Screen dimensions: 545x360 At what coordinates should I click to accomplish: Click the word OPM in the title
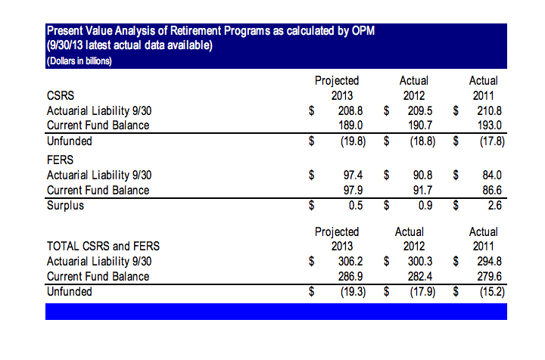363,31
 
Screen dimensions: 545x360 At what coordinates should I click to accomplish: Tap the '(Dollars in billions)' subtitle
79,61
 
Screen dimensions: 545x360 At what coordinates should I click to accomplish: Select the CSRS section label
61,96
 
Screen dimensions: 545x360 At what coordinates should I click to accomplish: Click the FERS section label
60,160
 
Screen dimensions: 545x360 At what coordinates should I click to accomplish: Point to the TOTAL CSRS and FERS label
103,246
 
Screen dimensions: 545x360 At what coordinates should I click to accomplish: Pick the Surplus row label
65,206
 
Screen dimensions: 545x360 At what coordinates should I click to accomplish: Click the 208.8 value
350,111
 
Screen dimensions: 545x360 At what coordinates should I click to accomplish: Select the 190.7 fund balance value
420,126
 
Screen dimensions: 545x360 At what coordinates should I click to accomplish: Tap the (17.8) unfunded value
492,141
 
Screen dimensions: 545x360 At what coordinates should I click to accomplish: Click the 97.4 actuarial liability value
353,175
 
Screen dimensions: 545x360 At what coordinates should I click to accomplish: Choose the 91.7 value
422,191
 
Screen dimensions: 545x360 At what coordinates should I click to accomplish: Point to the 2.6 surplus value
494,206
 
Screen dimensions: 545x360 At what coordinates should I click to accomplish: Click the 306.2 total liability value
350,262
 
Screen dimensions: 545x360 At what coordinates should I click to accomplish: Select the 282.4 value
420,277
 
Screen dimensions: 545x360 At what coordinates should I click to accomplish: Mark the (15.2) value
492,292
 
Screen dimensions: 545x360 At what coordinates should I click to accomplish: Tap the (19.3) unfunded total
353,292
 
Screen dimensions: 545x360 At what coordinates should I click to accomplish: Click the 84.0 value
492,175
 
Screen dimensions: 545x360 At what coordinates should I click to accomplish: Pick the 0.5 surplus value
356,206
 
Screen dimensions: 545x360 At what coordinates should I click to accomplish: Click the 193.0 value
490,126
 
